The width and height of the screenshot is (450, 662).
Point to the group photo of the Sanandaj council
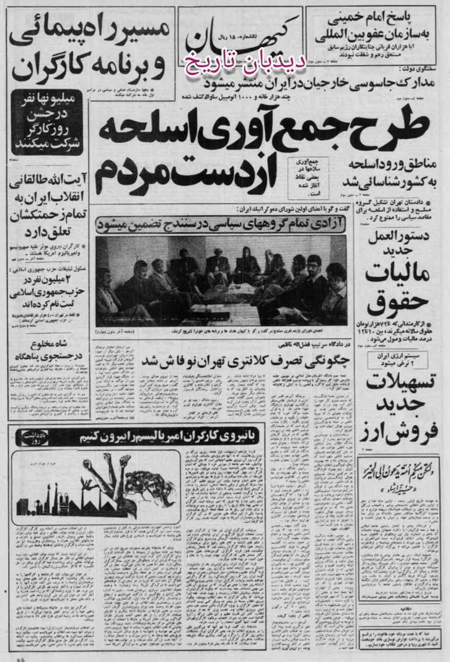(221, 279)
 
